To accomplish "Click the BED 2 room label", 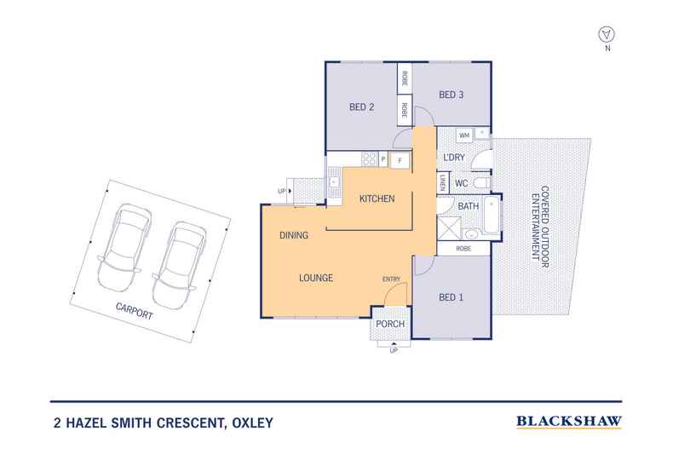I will [x=362, y=107].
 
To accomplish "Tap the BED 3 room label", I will [x=451, y=95].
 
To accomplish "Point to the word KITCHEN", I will [x=377, y=199].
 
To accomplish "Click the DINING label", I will [x=293, y=235].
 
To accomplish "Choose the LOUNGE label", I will [x=315, y=278].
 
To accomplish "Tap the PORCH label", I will [x=390, y=325].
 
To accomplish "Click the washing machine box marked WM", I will [x=464, y=135].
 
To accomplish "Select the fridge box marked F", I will [x=400, y=159].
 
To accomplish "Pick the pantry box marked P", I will [x=383, y=159].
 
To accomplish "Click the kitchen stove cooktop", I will [x=369, y=158].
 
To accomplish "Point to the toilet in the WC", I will [x=480, y=183].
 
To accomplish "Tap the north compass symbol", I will [x=607, y=33].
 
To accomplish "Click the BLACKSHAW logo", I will [x=569, y=421].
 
